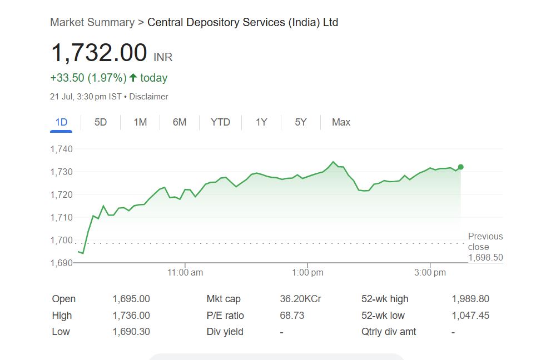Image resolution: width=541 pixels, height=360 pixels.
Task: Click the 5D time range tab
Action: (101, 122)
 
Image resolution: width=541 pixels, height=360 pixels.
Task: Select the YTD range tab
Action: (220, 122)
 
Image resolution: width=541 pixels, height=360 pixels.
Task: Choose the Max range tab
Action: (341, 122)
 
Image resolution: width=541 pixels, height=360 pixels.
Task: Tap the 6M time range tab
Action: (180, 122)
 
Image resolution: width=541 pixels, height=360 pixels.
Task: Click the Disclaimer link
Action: (148, 97)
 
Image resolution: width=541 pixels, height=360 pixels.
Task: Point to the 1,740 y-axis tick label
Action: (62, 149)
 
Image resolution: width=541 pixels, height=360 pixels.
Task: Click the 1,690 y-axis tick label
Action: (62, 263)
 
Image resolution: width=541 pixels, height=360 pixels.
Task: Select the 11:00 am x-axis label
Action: (185, 273)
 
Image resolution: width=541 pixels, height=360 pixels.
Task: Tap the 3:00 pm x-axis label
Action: (430, 273)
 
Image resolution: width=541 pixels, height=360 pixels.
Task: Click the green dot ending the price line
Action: (460, 167)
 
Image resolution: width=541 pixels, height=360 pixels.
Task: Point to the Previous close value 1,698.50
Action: (485, 258)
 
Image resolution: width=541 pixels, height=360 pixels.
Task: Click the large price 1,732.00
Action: (99, 53)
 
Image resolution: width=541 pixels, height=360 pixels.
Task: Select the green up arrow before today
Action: (133, 78)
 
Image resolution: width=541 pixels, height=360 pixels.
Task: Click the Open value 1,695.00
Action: (131, 299)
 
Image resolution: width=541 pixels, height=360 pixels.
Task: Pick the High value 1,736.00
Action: (131, 316)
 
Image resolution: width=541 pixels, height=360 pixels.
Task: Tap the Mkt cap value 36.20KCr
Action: (300, 299)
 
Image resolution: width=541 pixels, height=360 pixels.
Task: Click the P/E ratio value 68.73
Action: (292, 316)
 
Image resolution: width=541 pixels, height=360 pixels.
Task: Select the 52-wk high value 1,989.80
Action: (470, 299)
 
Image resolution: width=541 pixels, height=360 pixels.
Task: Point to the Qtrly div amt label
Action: (389, 332)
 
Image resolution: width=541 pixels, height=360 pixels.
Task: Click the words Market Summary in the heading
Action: (92, 23)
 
